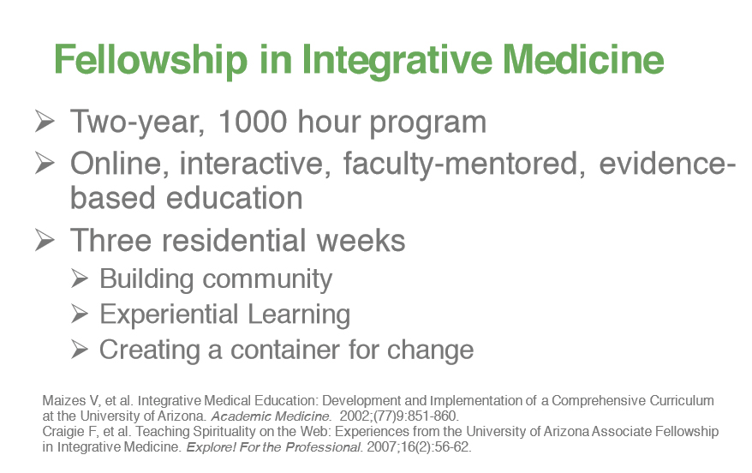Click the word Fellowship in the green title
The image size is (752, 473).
click(151, 60)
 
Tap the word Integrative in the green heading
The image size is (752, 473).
click(397, 60)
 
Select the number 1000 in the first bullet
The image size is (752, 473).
click(253, 122)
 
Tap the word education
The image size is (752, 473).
click(235, 198)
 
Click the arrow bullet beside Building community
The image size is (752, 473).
click(79, 278)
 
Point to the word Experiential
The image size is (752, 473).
click(169, 314)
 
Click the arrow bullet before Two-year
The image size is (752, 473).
click(45, 121)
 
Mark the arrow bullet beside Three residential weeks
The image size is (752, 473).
click(45, 240)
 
